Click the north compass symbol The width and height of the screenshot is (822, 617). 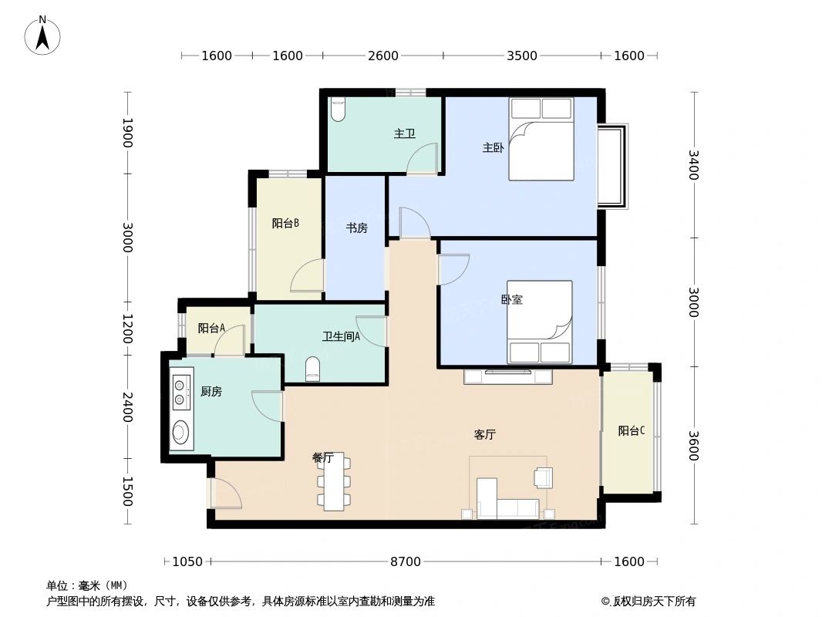pos(43,35)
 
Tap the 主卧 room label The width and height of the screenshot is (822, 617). pos(493,148)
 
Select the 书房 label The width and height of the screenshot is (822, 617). pos(355,228)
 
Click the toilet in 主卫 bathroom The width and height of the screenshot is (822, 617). pos(338,110)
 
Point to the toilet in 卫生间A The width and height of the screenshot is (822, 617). pos(312,369)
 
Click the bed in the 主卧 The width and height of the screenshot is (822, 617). pos(541,139)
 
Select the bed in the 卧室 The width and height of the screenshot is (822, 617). pos(540,322)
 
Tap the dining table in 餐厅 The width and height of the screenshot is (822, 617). pos(334,483)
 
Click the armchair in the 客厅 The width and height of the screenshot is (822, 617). pos(544,477)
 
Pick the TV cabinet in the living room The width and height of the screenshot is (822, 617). pos(507,376)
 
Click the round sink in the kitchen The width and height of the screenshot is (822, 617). pos(181,433)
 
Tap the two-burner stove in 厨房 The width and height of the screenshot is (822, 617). pos(180,392)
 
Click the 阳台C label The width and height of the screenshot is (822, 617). pos(631,431)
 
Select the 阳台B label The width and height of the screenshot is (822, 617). pos(285,224)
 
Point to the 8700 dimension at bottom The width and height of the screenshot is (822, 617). pos(406,561)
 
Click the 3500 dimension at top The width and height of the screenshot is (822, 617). pos(522,56)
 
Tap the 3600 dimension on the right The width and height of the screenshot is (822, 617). pos(692,444)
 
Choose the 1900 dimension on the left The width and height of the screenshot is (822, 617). pos(128,133)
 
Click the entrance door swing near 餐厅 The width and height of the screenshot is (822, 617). pos(224,494)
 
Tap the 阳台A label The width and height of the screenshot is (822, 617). pos(211,328)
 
